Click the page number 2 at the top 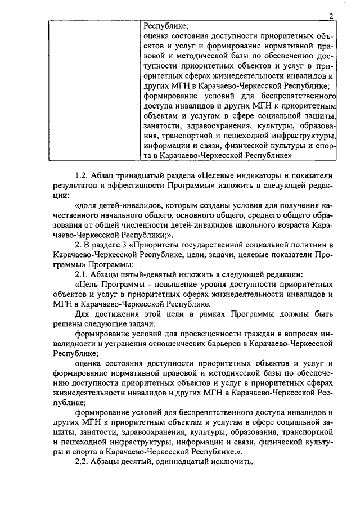click(x=332, y=16)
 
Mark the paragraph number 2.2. click(x=82, y=463)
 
